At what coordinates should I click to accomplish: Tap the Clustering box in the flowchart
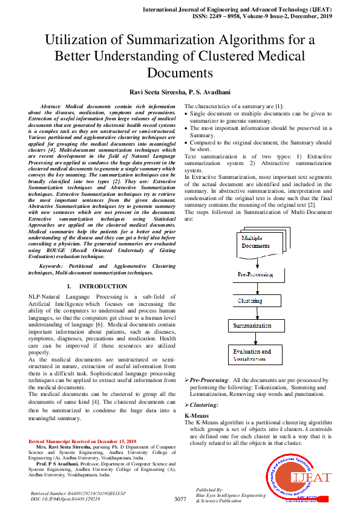tap(257, 300)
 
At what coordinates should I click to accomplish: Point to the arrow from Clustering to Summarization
tap(257, 313)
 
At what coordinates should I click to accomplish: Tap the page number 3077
tap(180, 499)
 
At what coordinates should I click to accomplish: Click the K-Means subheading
tap(197, 416)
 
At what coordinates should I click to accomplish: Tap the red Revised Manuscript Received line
tap(83, 443)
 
